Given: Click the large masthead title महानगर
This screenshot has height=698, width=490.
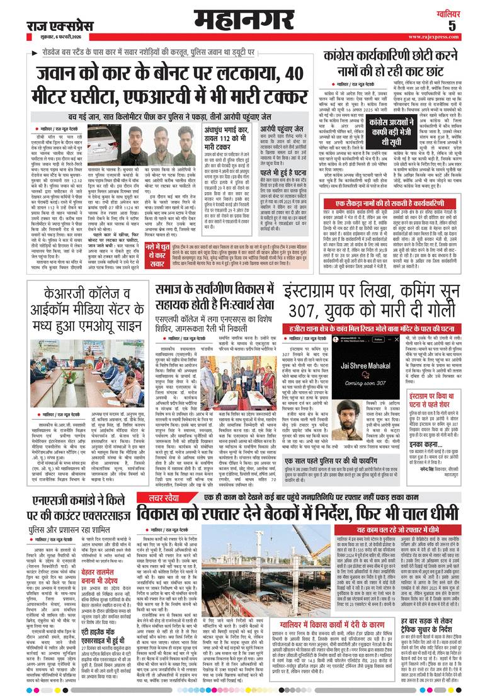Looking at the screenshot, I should (x=245, y=21).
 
